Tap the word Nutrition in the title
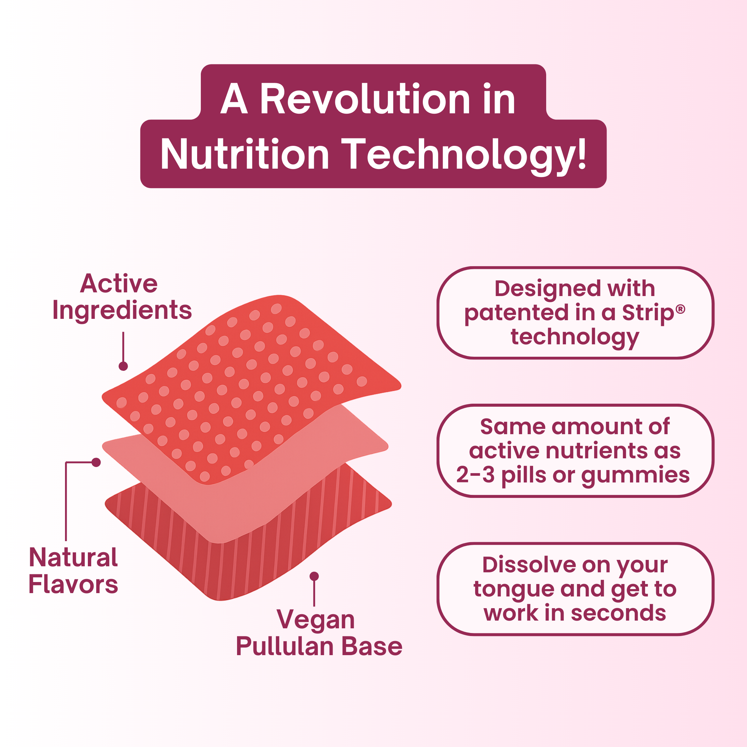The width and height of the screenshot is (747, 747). [x=244, y=154]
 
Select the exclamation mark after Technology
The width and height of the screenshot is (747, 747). [x=581, y=154]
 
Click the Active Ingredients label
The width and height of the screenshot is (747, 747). [x=122, y=297]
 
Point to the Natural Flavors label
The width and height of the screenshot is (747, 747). [x=73, y=571]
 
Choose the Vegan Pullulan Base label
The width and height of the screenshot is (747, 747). [x=319, y=633]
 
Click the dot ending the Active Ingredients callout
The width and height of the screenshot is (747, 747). [x=123, y=366]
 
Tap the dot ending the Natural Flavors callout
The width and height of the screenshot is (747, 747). [x=96, y=462]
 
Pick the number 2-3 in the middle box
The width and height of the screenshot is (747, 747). [x=475, y=475]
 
